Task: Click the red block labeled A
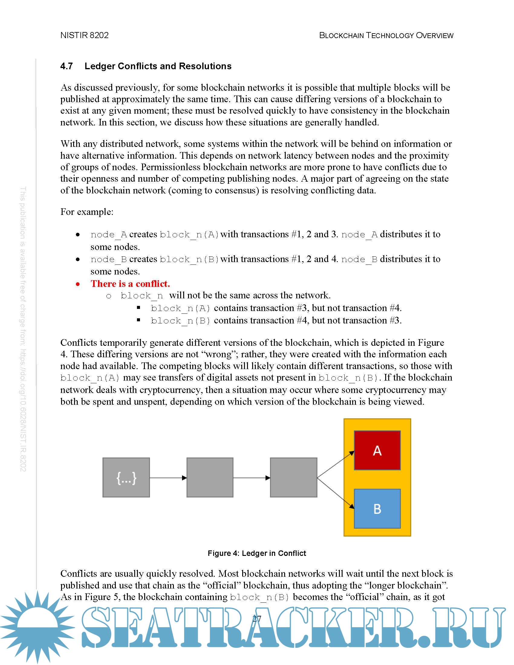tap(377, 450)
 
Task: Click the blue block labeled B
tap(377, 508)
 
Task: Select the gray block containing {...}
tap(126, 477)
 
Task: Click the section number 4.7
tap(67, 66)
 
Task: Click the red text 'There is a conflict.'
tap(130, 284)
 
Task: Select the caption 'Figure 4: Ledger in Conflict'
tap(257, 553)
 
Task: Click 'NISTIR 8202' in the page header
tap(84, 35)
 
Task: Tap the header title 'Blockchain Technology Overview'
tap(386, 35)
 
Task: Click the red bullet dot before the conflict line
tap(78, 284)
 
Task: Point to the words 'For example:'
tap(87, 212)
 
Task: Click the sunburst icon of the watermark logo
tap(37, 627)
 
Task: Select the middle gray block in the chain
tap(210, 477)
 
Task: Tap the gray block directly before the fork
tap(294, 477)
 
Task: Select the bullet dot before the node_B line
tap(78, 259)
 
